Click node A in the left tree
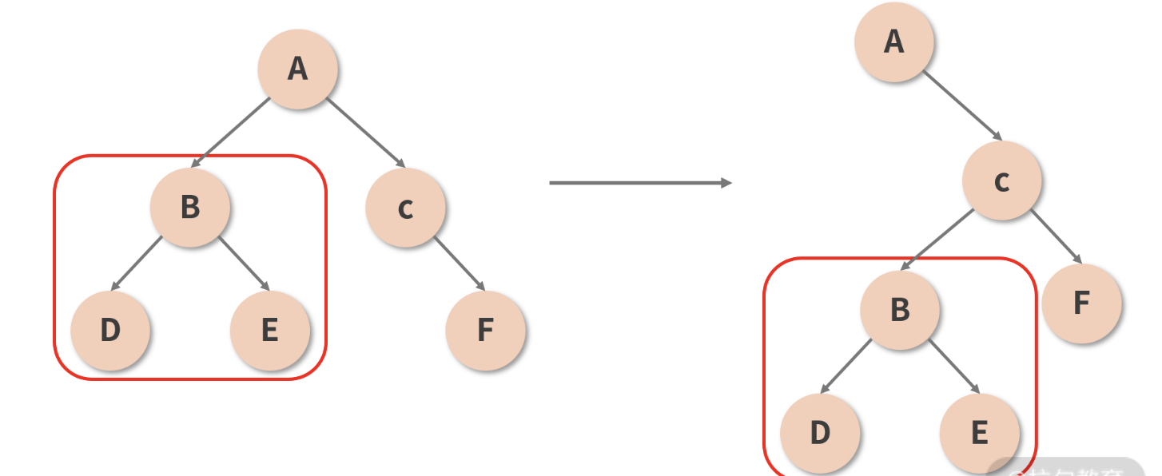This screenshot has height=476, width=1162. pyautogui.click(x=297, y=69)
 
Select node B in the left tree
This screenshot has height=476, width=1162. pyautogui.click(x=190, y=207)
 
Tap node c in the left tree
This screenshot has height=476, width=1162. pyautogui.click(x=405, y=207)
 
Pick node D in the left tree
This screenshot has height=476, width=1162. pyautogui.click(x=110, y=330)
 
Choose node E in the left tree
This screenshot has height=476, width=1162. pyautogui.click(x=270, y=330)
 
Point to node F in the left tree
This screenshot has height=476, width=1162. pyautogui.click(x=485, y=330)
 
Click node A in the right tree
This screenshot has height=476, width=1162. pyautogui.click(x=894, y=42)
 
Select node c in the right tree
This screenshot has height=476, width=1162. pyautogui.click(x=1002, y=181)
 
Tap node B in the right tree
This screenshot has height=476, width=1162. pyautogui.click(x=900, y=310)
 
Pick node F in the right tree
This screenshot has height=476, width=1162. pyautogui.click(x=1081, y=303)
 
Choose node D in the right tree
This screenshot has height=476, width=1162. pyautogui.click(x=820, y=433)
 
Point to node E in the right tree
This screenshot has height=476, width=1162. pyautogui.click(x=980, y=433)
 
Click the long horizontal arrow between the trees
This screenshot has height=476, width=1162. pyautogui.click(x=639, y=183)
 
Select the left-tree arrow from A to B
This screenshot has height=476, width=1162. pyautogui.click(x=232, y=133)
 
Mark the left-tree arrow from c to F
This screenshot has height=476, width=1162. pyautogui.click(x=460, y=264)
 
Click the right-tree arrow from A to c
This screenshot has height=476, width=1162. pyautogui.click(x=962, y=105)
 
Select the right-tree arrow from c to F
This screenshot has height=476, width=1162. pyautogui.click(x=1056, y=237)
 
